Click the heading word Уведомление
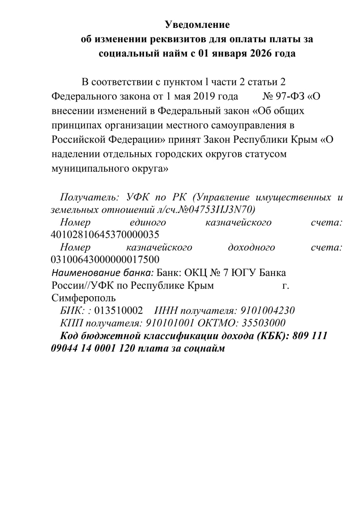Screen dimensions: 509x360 tap(197, 25)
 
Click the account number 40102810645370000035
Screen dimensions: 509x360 tap(105, 234)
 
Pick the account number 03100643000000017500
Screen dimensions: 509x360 tap(105, 260)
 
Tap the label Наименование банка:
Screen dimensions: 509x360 tap(103, 273)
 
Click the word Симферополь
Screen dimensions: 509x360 tap(84, 298)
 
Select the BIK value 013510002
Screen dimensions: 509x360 tap(119, 311)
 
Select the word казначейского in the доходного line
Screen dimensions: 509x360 tap(159, 247)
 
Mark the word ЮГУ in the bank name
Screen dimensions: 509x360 tap(243, 273)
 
